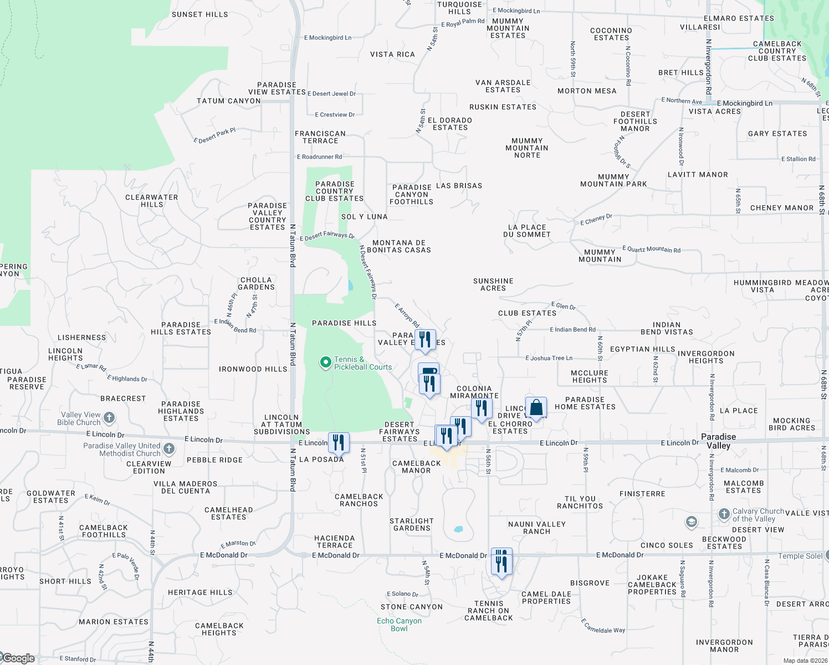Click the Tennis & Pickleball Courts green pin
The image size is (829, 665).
[326, 363]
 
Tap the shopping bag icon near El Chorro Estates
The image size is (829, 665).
[536, 408]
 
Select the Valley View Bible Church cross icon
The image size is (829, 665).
[109, 417]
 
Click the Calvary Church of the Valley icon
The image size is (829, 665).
[724, 514]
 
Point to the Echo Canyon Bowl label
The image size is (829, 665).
[399, 625]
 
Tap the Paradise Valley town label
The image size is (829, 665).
[718, 441]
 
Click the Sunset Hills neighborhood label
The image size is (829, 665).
[199, 14]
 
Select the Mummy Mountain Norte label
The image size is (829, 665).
[527, 148]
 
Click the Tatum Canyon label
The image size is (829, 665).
[228, 101]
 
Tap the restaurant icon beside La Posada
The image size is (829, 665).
[339, 442]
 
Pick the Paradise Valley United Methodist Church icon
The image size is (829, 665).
[169, 449]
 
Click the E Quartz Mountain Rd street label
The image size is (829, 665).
[651, 249]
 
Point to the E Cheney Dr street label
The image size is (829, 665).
[596, 219]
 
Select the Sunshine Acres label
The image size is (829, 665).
[493, 284]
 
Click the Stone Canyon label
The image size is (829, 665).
[412, 607]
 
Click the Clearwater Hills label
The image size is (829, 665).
[152, 201]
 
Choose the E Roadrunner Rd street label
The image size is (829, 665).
[320, 157]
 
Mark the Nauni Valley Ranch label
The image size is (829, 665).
[537, 528]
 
